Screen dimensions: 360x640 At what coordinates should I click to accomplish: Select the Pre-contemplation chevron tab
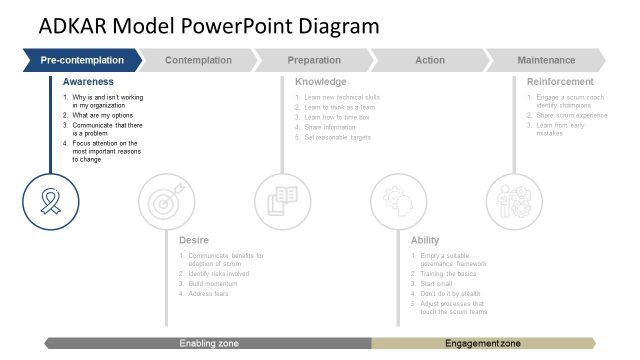point(82,61)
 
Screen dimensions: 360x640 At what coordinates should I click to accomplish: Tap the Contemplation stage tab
point(198,61)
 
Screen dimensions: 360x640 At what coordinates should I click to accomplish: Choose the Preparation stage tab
point(313,61)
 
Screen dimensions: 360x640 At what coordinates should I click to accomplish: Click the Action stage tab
point(429,61)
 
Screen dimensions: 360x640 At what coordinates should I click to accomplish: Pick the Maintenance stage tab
point(546,61)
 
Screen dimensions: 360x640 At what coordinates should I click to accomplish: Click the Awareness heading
point(88,81)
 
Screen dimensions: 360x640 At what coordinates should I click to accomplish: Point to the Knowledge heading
point(321,81)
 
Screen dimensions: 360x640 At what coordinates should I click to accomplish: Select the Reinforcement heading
point(560,81)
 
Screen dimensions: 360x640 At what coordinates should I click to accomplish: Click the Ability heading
point(424,240)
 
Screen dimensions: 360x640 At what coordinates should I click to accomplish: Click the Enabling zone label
point(209,343)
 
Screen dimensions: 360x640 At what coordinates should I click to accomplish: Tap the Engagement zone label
point(482,343)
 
